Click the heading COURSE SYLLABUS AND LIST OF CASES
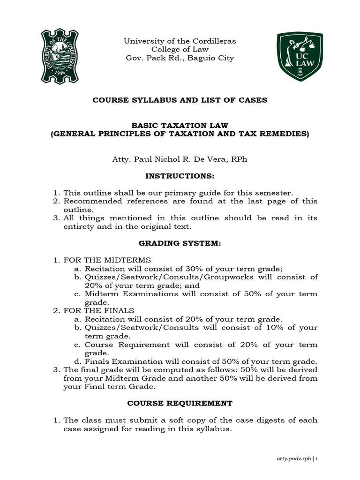[x=180, y=100]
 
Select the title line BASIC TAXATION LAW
[x=180, y=126]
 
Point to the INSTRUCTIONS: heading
[x=180, y=176]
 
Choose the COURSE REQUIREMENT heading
[x=180, y=403]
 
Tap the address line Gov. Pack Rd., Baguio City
[x=180, y=58]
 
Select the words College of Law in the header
[x=180, y=50]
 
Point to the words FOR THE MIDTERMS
[x=107, y=260]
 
